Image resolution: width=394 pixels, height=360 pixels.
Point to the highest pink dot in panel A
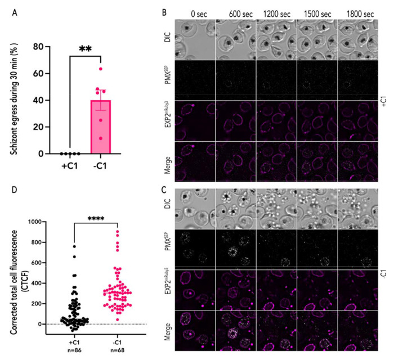pos(101,69)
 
